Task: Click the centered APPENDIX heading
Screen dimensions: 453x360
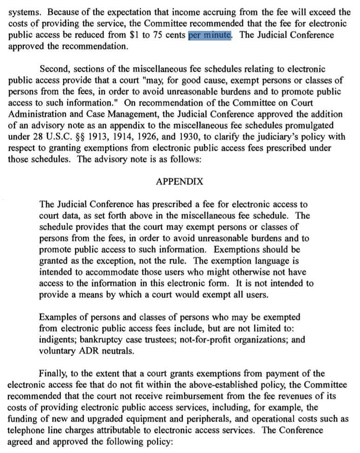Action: tap(180, 181)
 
